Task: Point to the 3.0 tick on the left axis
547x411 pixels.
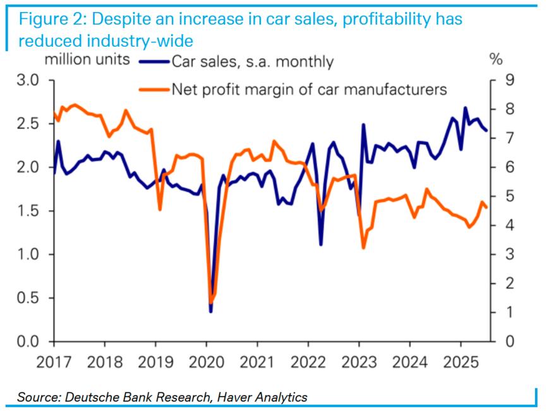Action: coord(28,80)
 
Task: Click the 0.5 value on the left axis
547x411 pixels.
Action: coord(28,298)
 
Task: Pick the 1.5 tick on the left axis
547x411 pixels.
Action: coord(28,211)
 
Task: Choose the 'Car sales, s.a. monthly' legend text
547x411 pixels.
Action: coord(252,61)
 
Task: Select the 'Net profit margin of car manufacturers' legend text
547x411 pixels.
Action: coord(310,89)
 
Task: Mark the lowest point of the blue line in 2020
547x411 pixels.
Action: coord(210,310)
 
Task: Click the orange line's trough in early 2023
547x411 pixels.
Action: coord(363,247)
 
